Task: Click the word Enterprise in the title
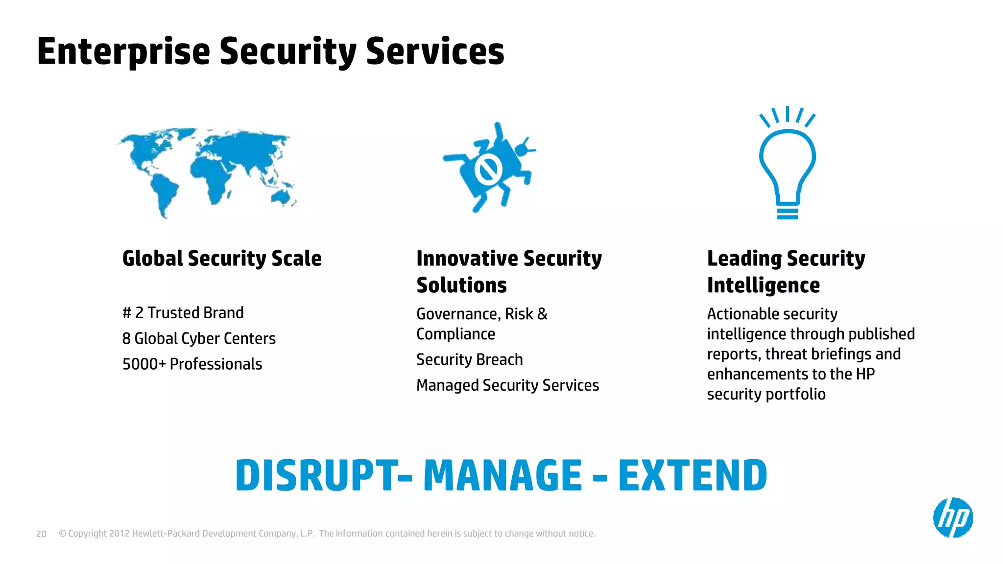coord(123,51)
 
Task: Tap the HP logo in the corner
coord(953,517)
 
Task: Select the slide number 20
coord(41,534)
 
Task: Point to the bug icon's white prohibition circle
coord(488,169)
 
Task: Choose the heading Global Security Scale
coord(222,258)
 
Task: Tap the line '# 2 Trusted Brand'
coord(183,313)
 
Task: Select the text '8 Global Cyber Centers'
coord(199,338)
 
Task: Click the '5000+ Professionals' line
coord(192,364)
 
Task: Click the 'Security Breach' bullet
coord(469,360)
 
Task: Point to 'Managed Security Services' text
coord(507,385)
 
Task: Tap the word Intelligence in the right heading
coord(763,285)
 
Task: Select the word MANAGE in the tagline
coord(502,475)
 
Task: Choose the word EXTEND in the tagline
coord(692,475)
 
